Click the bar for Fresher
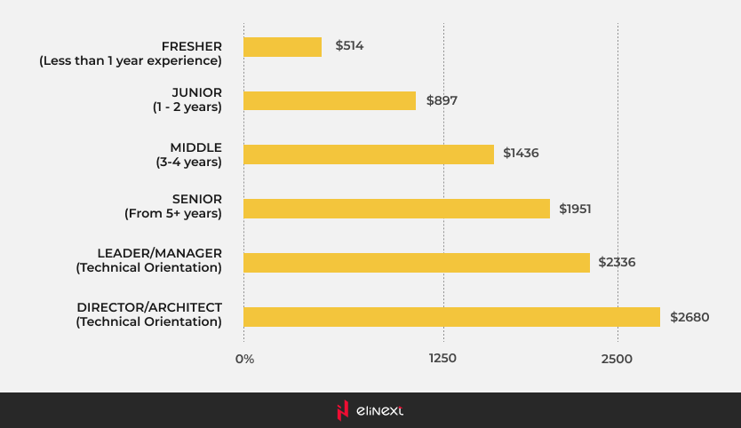(x=283, y=46)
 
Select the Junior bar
(x=330, y=100)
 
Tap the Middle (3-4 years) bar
(x=369, y=155)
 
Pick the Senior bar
(x=396, y=209)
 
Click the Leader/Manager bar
(x=417, y=263)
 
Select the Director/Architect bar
(x=451, y=317)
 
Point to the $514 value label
(x=350, y=45)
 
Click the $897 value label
(x=442, y=100)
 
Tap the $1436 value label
(x=521, y=153)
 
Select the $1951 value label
(x=575, y=209)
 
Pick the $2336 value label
(x=617, y=262)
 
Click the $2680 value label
(x=689, y=317)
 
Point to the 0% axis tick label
(x=244, y=360)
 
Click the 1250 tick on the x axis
(x=442, y=359)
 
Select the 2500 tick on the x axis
(x=617, y=359)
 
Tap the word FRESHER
(x=191, y=45)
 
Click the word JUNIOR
(x=196, y=92)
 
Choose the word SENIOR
(x=197, y=199)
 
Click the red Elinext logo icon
(x=343, y=410)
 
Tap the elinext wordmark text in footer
(x=379, y=410)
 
